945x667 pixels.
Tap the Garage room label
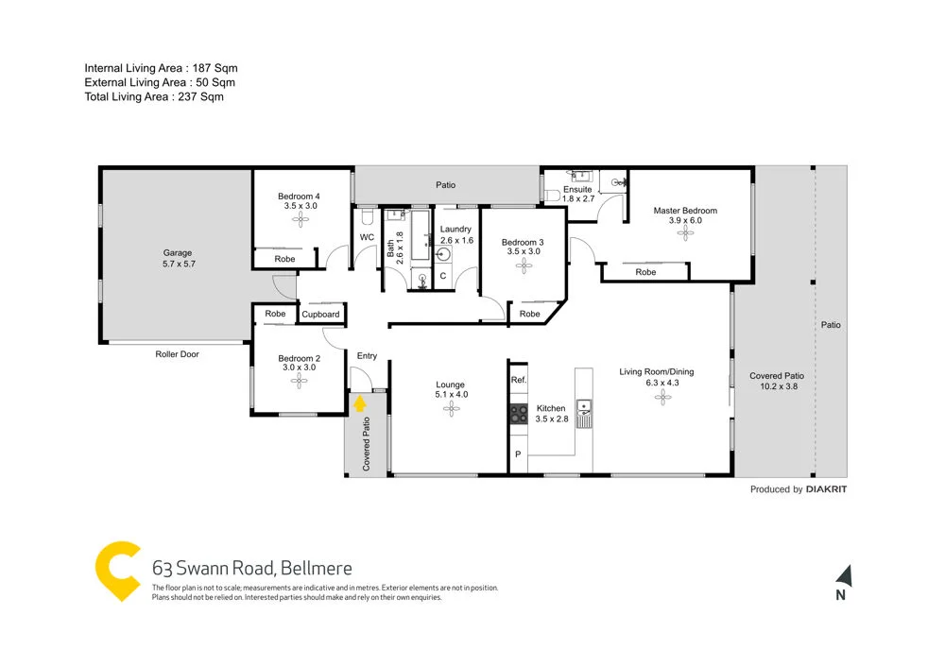[177, 252]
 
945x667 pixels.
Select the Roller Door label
[177, 354]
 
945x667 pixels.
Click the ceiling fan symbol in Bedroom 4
[301, 219]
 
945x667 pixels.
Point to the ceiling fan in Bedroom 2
[300, 381]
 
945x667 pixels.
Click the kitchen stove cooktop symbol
[519, 412]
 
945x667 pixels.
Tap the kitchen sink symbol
[584, 409]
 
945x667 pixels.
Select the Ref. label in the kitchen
[518, 380]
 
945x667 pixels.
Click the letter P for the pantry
[518, 455]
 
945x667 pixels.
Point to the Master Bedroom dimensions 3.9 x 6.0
[685, 220]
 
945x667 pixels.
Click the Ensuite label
[576, 190]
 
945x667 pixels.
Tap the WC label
[367, 237]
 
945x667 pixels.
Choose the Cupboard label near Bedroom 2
[320, 315]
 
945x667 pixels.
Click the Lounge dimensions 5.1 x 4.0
[450, 394]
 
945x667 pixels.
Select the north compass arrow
[843, 574]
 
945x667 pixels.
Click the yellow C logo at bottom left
[118, 571]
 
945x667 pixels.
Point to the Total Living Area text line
[154, 96]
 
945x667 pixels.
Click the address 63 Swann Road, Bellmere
[251, 568]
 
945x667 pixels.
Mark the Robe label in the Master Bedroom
[645, 272]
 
